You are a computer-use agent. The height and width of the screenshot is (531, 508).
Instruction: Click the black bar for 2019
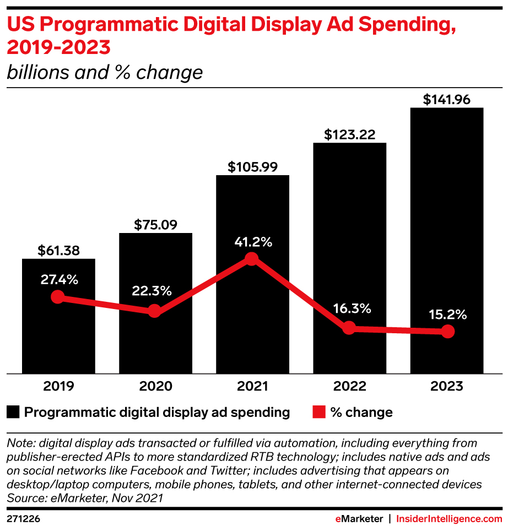click(x=58, y=330)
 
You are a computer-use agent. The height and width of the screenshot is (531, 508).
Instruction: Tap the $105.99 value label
click(x=252, y=166)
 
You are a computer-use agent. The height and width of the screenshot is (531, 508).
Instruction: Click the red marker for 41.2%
click(x=252, y=259)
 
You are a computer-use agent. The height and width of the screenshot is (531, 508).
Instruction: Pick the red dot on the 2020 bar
click(x=155, y=311)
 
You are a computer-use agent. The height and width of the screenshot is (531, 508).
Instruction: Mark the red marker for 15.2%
click(x=447, y=331)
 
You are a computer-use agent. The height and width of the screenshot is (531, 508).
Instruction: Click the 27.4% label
click(x=59, y=279)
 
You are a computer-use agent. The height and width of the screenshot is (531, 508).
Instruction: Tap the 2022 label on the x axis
click(x=349, y=386)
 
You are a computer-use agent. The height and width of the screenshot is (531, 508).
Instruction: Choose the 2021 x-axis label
click(x=252, y=386)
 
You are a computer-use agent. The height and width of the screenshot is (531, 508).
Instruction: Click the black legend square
click(x=13, y=412)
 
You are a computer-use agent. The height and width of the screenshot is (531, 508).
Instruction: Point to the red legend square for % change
click(x=318, y=412)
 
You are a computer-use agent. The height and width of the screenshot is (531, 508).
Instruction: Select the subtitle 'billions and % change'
click(x=104, y=72)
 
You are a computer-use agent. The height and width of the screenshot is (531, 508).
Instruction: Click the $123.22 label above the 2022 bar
click(x=349, y=134)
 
